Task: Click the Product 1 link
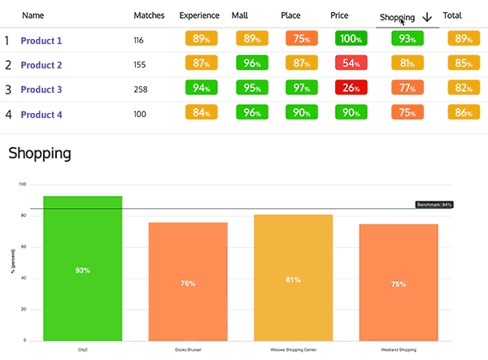click(x=41, y=41)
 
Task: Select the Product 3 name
click(x=41, y=90)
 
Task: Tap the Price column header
click(x=340, y=15)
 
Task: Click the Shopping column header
click(x=397, y=17)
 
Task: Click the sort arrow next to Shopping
click(x=427, y=17)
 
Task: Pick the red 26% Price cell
click(x=351, y=88)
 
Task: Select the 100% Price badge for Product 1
click(x=351, y=38)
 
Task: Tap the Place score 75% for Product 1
click(x=301, y=38)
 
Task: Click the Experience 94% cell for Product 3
click(x=200, y=88)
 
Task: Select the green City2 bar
click(x=82, y=268)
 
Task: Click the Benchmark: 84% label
click(x=434, y=205)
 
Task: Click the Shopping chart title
click(x=39, y=152)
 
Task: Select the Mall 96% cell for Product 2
click(x=251, y=63)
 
